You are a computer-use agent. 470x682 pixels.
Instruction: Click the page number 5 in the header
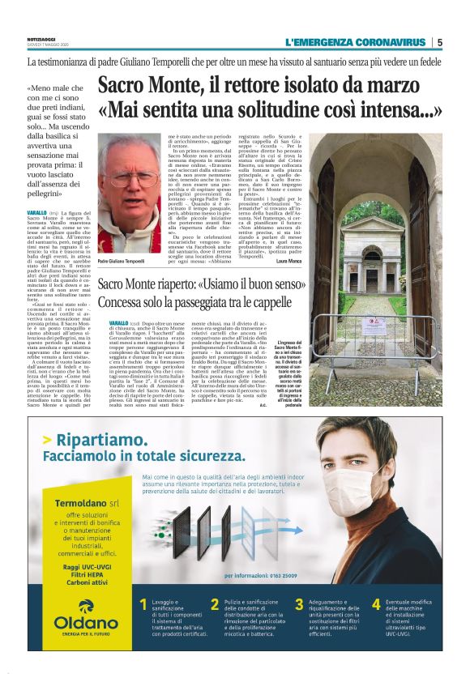pos(439,42)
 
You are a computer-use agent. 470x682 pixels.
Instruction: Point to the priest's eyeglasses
pos(130,177)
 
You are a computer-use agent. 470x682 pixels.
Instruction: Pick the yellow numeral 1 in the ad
pos(143,603)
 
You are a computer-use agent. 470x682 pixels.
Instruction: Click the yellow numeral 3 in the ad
pos(299,603)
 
